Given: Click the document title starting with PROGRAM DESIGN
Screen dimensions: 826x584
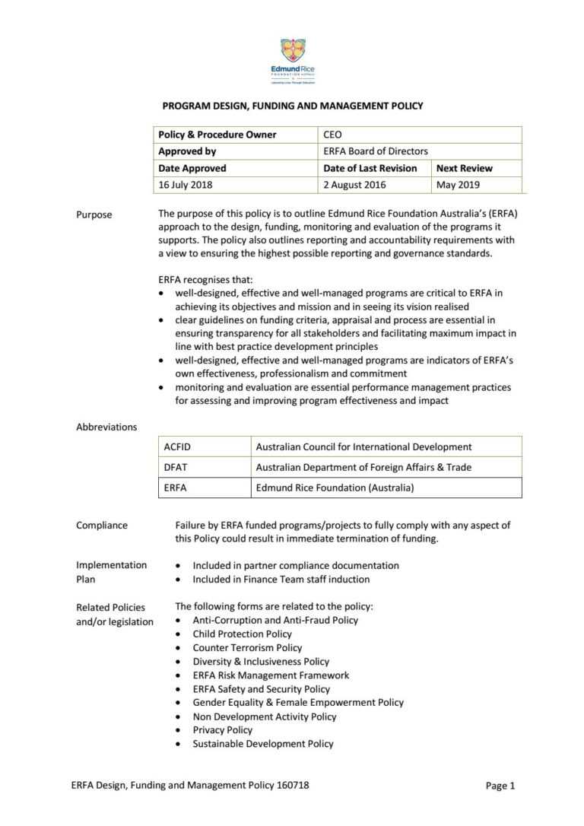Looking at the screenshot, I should (293, 106).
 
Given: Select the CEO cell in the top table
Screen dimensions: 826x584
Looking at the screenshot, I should (333, 135).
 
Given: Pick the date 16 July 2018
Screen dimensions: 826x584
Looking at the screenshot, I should (186, 185).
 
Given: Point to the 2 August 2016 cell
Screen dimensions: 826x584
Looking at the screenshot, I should (354, 185).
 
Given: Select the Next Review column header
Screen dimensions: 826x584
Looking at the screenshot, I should (464, 168).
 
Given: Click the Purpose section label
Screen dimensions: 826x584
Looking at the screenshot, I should (94, 214).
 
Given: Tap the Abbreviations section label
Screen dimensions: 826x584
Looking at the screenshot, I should (106, 427).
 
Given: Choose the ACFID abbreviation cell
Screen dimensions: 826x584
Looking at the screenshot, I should (177, 446).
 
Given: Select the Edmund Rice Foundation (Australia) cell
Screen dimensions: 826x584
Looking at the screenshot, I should (335, 488).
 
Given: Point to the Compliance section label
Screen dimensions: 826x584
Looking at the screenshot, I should (102, 526).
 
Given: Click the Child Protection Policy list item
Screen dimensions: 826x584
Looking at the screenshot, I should (242, 634).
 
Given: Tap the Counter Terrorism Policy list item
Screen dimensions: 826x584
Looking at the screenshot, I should (247, 647).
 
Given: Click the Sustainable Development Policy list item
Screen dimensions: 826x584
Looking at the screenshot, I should (262, 744).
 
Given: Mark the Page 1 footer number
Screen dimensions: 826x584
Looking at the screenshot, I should (500, 786).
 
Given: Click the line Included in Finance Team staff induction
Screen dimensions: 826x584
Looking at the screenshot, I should (281, 579).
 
